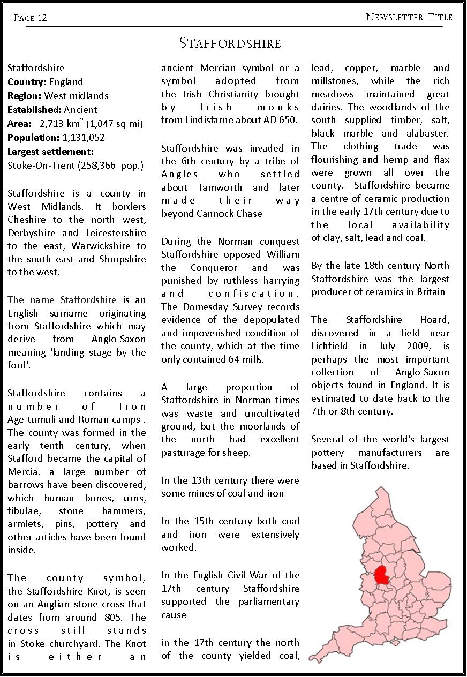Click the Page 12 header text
pos(31,18)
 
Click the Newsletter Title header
pos(409,17)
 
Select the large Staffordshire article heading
pos(230,43)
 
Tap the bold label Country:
pos(27,82)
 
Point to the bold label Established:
pos(34,110)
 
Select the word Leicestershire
pos(116,233)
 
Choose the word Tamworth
pos(220,187)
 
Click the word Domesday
pos(201,307)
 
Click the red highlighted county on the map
pos(381,576)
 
